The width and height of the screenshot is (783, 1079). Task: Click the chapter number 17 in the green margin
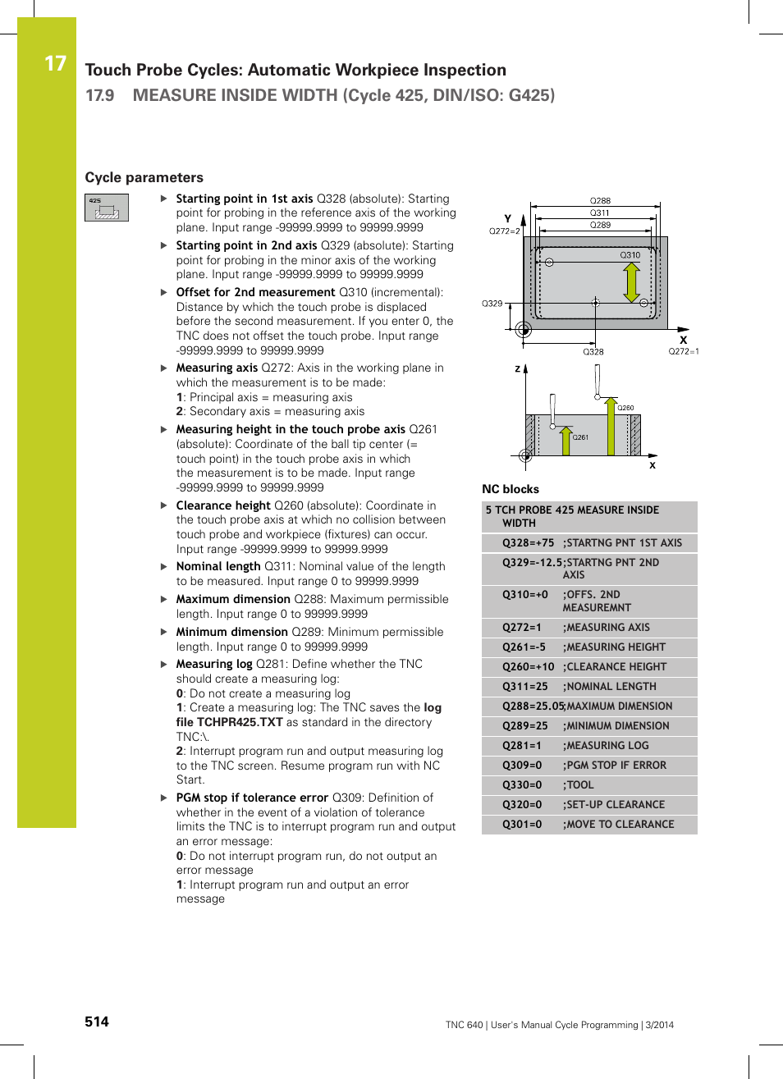(55, 63)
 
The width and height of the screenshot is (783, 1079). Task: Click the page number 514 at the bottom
(97, 1022)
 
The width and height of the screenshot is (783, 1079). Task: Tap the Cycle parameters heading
(144, 177)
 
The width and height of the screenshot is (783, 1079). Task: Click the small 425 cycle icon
(107, 208)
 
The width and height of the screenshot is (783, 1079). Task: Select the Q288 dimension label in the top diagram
(600, 200)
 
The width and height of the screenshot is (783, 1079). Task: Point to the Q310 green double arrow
(631, 283)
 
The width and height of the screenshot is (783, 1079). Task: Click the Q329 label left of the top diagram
(492, 304)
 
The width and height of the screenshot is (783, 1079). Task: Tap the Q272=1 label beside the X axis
(683, 351)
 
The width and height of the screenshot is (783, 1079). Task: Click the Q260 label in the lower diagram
(625, 408)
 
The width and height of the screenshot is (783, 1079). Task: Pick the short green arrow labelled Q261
(565, 440)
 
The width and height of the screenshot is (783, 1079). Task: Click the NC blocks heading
(511, 489)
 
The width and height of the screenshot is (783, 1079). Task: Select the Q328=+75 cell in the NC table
(528, 542)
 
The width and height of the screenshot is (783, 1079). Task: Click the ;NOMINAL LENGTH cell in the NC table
(611, 687)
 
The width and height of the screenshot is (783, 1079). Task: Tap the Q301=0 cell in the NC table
(522, 825)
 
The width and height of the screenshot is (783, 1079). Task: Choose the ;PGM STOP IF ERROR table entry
(616, 766)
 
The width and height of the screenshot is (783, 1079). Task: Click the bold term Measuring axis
(217, 368)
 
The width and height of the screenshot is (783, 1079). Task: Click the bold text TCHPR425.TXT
(240, 722)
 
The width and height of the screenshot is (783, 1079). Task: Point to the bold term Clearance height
(223, 505)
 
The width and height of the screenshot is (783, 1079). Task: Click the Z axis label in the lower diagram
(517, 369)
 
